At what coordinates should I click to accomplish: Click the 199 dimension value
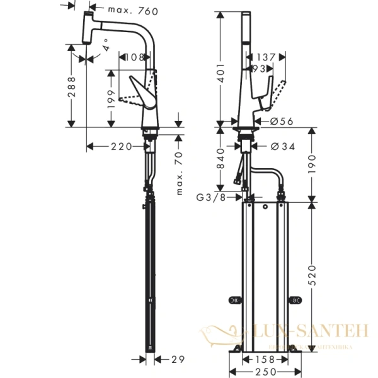(x=112, y=98)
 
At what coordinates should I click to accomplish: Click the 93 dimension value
(x=258, y=67)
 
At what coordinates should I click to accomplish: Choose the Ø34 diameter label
(x=282, y=147)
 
